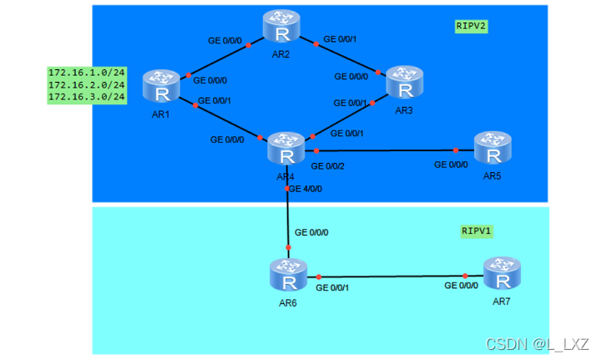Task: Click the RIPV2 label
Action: point(471,26)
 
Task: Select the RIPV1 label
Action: point(478,230)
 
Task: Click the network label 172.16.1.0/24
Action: point(86,73)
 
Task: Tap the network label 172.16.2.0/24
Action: point(86,84)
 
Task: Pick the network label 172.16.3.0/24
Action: point(86,97)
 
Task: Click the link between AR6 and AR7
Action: point(392,276)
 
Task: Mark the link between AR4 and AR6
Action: point(288,217)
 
